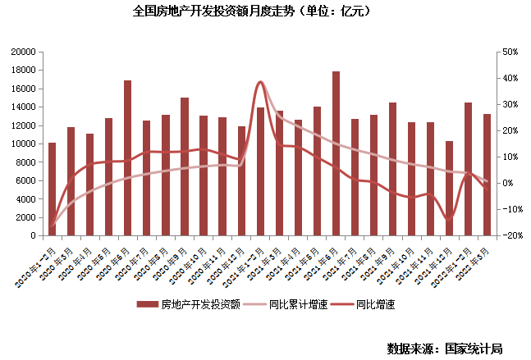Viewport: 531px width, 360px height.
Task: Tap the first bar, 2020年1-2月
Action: (53, 189)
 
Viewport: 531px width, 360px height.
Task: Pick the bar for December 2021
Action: (449, 188)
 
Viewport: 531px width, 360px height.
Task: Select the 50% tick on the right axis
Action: (508, 52)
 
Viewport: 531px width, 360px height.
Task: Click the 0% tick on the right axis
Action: (506, 183)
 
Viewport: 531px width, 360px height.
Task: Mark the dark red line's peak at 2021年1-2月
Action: (261, 82)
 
